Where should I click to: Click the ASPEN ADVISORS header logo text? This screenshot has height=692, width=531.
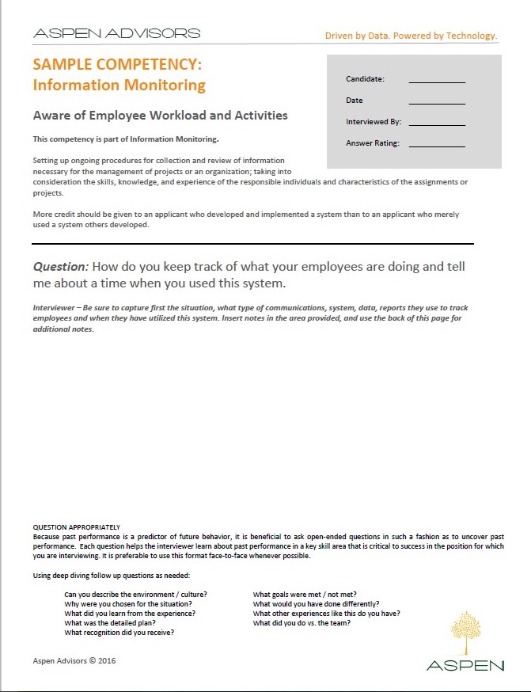coord(116,34)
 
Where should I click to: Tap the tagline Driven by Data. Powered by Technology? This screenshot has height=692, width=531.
coord(411,36)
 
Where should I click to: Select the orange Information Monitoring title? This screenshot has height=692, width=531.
coord(119,85)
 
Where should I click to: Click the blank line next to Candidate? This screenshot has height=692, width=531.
coord(437,80)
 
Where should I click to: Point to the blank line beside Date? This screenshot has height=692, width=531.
coord(437,101)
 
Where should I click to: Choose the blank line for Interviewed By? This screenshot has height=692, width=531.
coord(437,123)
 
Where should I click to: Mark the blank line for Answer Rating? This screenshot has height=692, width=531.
coord(437,144)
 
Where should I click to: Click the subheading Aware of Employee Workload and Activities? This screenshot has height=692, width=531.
coord(160,116)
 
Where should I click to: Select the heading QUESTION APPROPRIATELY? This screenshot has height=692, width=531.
coord(76,527)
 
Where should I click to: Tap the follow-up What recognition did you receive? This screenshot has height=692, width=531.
coord(119,632)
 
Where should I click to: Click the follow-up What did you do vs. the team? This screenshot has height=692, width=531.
coord(302,622)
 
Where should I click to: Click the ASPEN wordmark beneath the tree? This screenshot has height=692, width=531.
coord(465,665)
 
